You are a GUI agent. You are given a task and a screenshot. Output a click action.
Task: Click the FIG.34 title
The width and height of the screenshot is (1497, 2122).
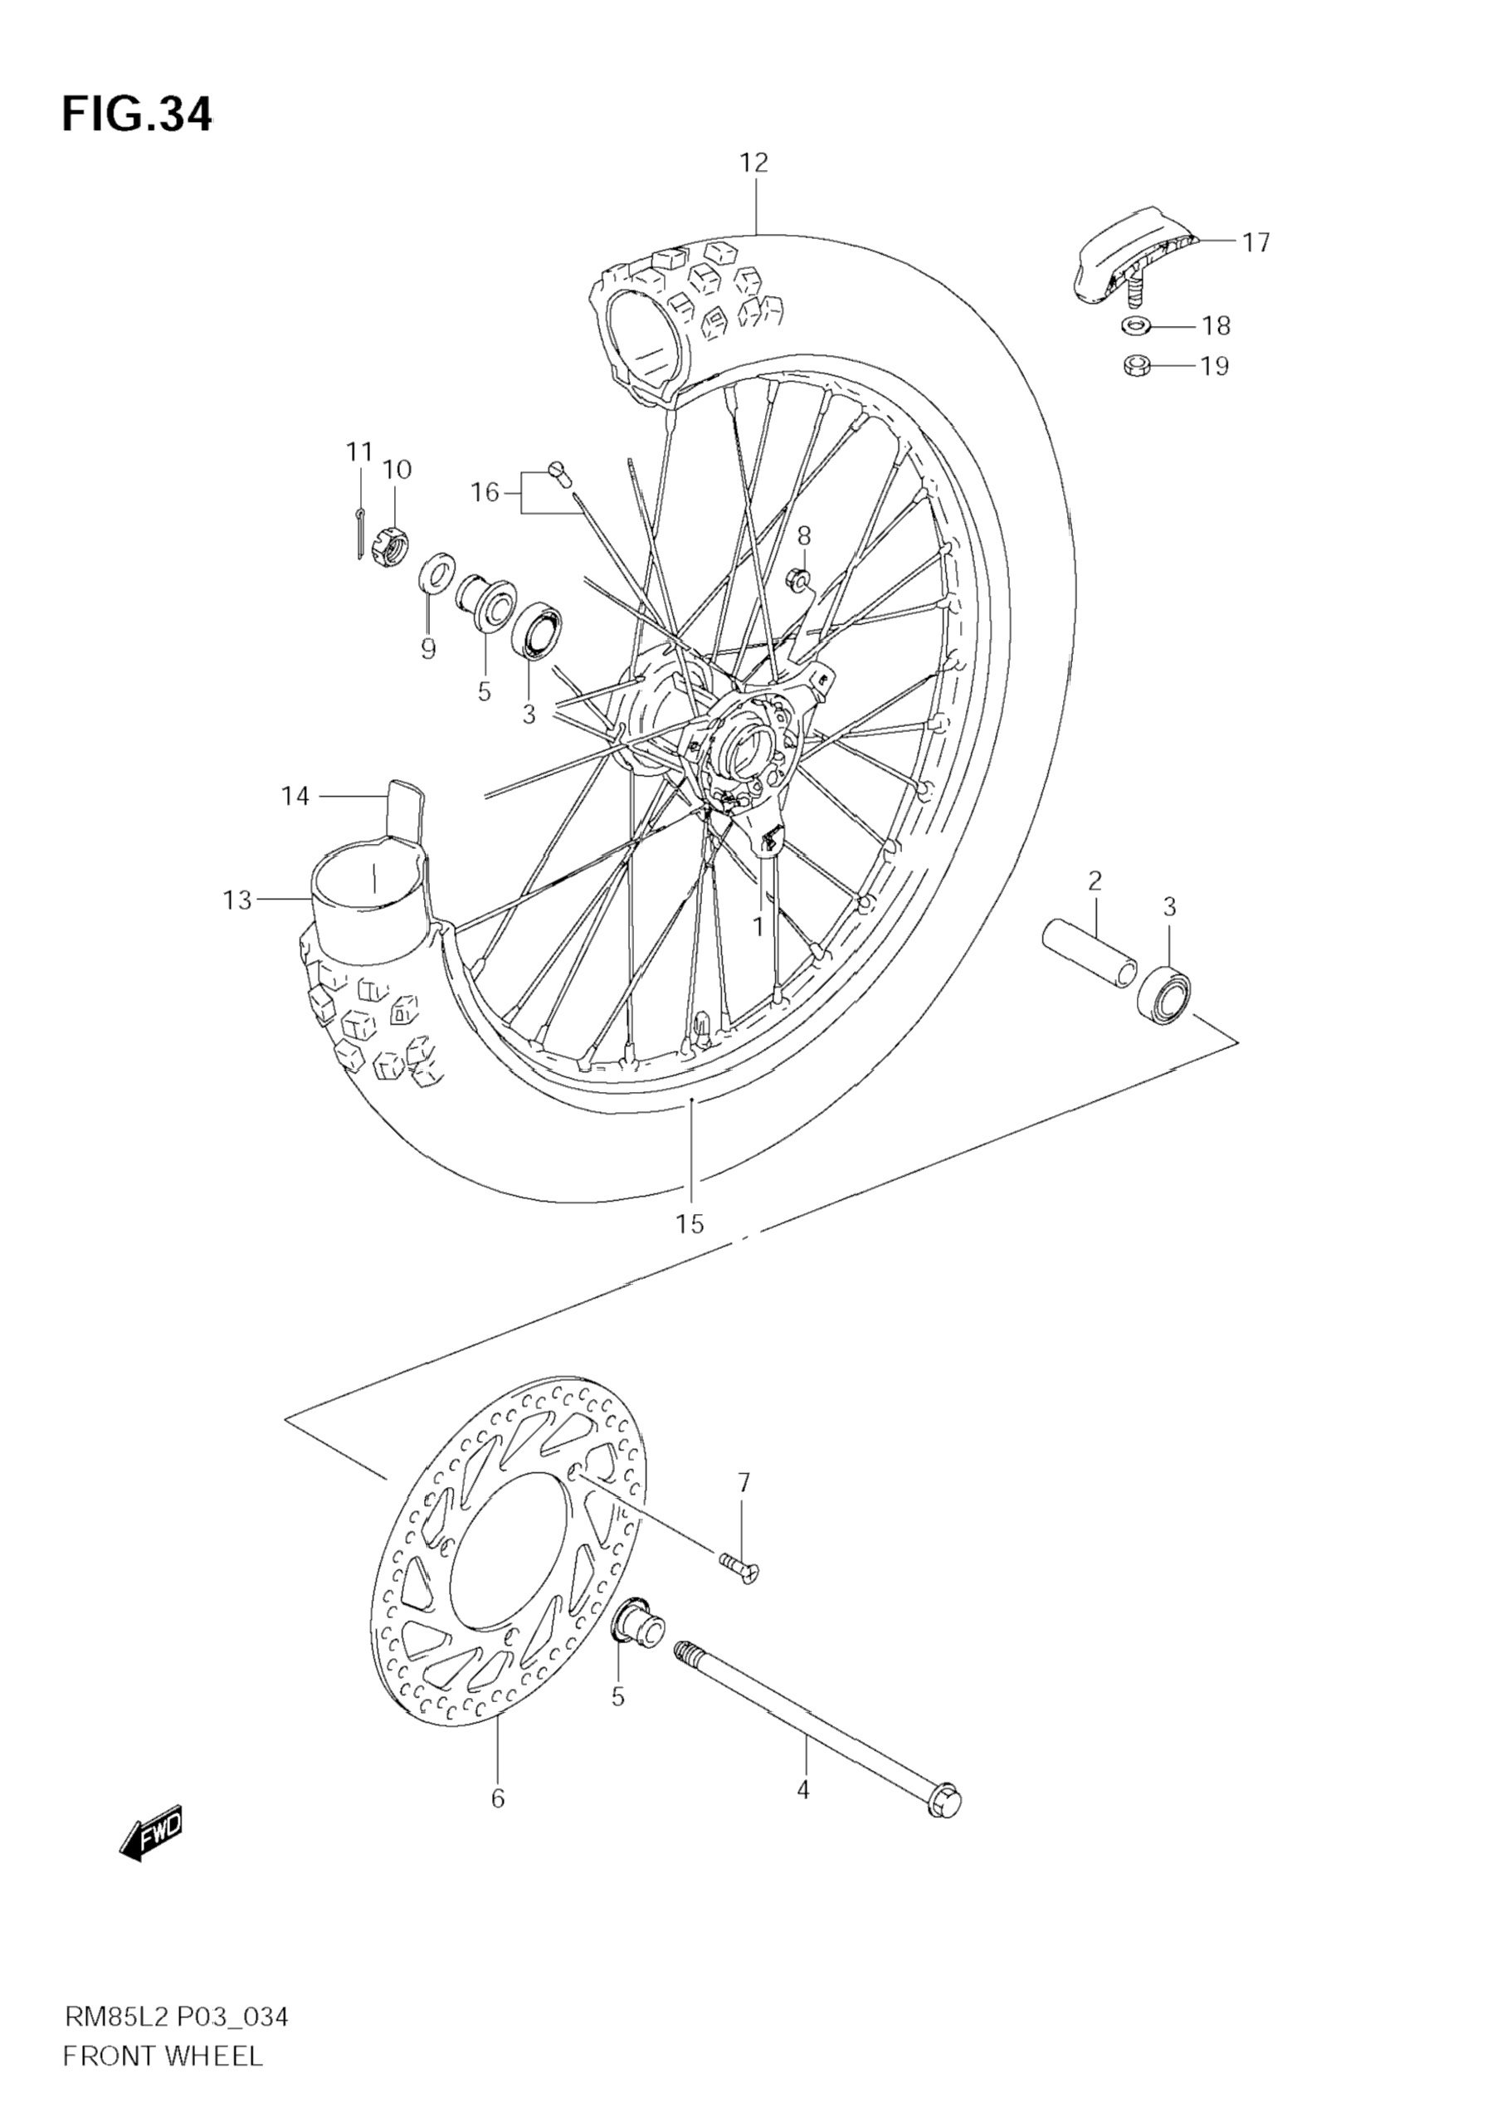pos(137,115)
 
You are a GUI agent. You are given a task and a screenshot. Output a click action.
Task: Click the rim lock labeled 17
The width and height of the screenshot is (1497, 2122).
pos(1132,254)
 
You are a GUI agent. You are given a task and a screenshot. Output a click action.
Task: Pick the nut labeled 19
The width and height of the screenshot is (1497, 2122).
pos(1134,366)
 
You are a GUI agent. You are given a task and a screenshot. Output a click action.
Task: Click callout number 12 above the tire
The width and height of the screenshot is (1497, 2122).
pos(754,163)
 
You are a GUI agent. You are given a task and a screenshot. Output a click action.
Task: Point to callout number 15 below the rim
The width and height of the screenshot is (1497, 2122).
pos(690,1224)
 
